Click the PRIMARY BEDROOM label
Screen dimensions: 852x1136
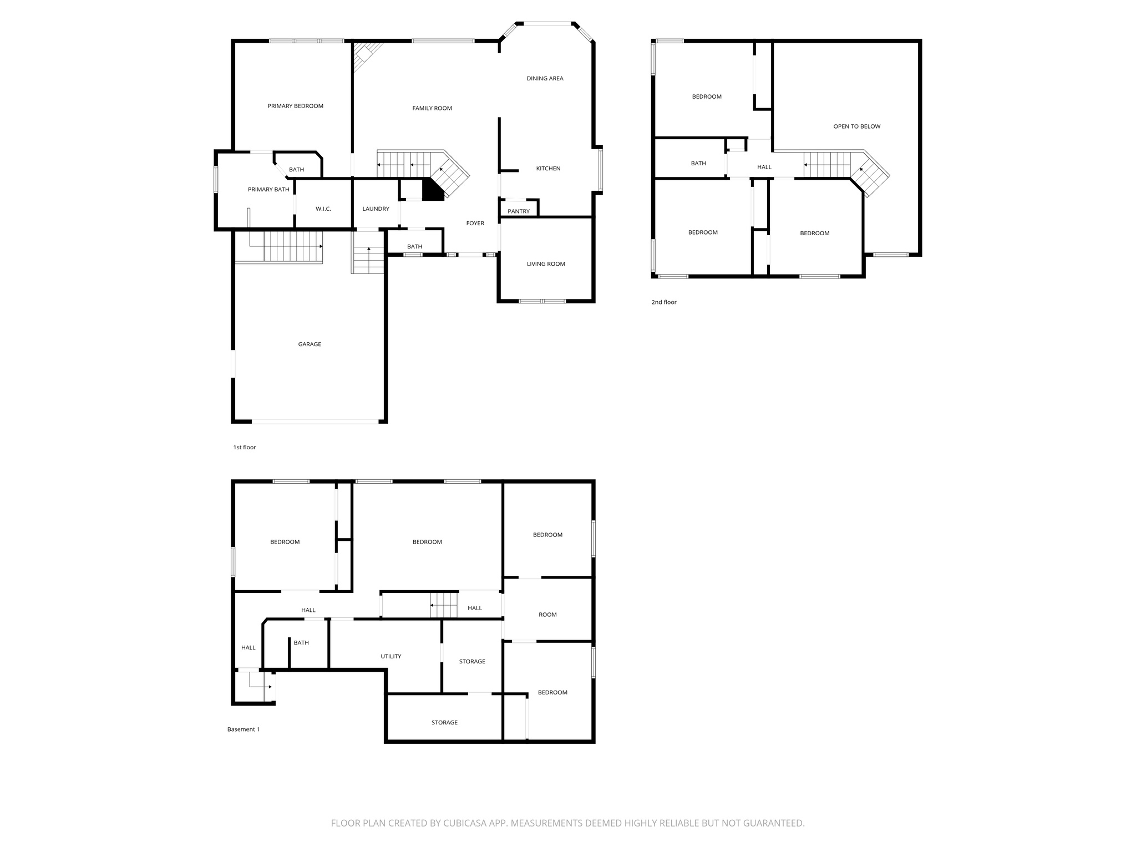295,106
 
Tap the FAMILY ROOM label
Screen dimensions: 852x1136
432,108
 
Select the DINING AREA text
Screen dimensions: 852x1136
545,78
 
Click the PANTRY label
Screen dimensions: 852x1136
519,211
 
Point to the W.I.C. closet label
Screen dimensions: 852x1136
323,209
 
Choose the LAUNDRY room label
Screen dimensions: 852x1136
376,209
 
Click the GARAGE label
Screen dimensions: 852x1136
310,344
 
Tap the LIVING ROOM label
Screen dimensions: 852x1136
546,263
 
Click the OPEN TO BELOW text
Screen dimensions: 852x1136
856,126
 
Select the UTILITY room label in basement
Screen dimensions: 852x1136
390,656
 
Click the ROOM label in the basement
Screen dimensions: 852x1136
547,615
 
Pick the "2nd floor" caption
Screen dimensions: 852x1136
664,302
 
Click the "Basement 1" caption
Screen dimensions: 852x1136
243,729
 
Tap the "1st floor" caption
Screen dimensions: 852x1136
244,447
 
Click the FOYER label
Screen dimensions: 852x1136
475,223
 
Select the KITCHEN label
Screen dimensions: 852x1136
548,168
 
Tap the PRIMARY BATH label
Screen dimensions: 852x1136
268,189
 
